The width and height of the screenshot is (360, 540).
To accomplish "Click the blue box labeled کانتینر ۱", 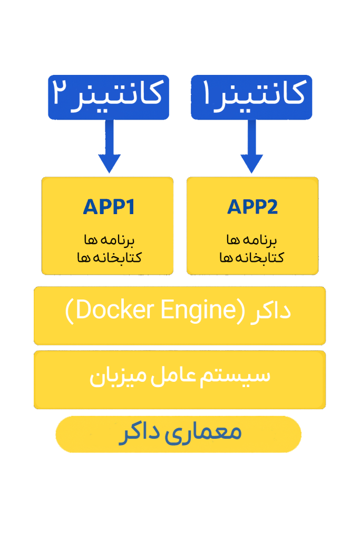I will tap(251, 97).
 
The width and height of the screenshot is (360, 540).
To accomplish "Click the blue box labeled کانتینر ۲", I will tap(109, 97).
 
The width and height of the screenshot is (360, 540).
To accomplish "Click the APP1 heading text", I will tap(109, 207).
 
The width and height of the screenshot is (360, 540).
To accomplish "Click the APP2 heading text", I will tap(252, 207).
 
